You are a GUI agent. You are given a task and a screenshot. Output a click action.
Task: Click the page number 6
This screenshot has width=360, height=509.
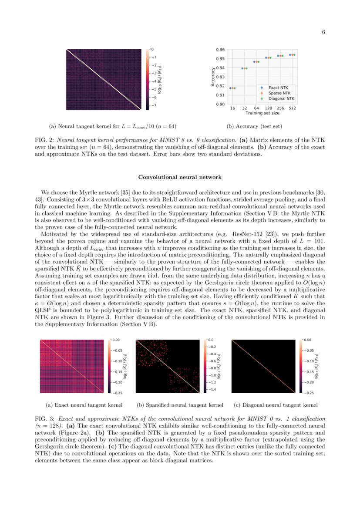[x=324, y=32]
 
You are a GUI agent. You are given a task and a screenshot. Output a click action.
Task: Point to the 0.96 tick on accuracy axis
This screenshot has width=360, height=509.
[x=221, y=50]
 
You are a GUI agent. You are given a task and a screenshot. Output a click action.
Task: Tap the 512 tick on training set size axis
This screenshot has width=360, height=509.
[x=293, y=108]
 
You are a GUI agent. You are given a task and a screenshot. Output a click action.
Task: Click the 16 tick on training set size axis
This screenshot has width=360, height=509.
[x=232, y=108]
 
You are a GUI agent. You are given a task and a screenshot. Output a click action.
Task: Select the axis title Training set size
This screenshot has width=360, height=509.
[x=262, y=113]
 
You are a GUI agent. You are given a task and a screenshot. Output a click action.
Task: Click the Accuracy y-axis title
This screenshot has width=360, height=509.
[x=213, y=77]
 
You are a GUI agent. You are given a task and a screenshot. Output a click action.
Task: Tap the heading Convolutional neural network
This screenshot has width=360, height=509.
[x=180, y=177]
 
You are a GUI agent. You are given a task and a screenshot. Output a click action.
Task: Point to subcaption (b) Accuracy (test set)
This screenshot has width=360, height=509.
[x=255, y=127]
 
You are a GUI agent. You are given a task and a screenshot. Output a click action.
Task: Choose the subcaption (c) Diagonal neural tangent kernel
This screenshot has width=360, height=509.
[x=276, y=405]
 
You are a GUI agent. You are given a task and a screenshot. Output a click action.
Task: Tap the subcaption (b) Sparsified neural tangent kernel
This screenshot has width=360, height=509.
[x=180, y=405]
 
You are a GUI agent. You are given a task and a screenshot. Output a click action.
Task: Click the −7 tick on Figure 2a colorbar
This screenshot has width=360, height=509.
[x=154, y=105]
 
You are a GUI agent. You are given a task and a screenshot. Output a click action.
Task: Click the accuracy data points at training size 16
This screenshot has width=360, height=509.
[x=232, y=88]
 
